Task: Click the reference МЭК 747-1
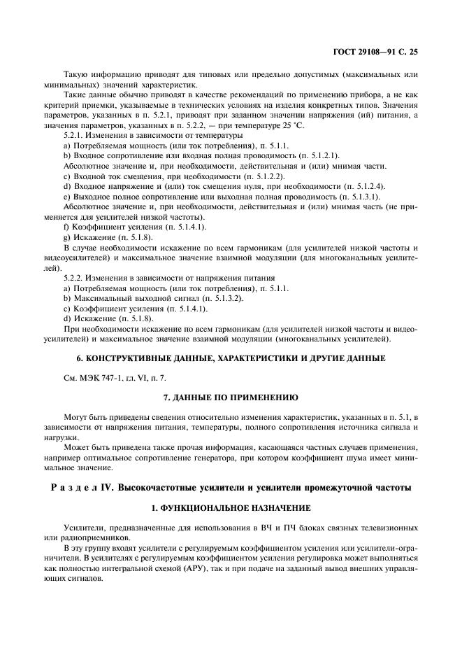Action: click(94, 377)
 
